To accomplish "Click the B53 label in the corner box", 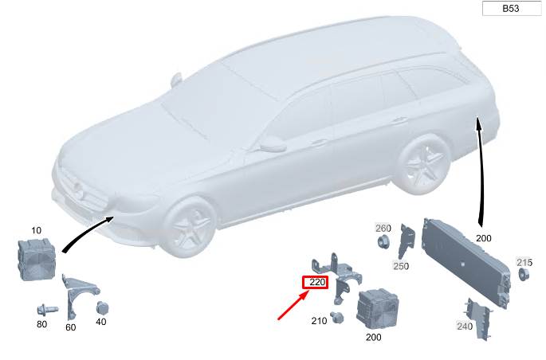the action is pos(511,8).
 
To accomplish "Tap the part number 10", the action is pos(36,230).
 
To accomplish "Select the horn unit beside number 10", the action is pos(37,259).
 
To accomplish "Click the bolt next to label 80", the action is pos(47,309).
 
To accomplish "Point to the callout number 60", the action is pos(71,327).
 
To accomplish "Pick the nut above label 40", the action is pos(102,307).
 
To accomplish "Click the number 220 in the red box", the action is pos(317,282).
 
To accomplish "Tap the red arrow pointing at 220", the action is pos(293,305).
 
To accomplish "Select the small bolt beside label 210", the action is pos(337,317).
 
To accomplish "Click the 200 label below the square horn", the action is pos(373,337).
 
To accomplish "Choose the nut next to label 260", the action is pos(383,241).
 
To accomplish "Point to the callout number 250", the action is pos(401,266).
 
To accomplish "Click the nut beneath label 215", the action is pos(524,275).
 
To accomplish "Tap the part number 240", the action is pos(465,327).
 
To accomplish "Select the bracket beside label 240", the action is pos(480,319).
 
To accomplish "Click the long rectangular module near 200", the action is pos(465,264).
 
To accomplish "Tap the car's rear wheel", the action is pos(422,164).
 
